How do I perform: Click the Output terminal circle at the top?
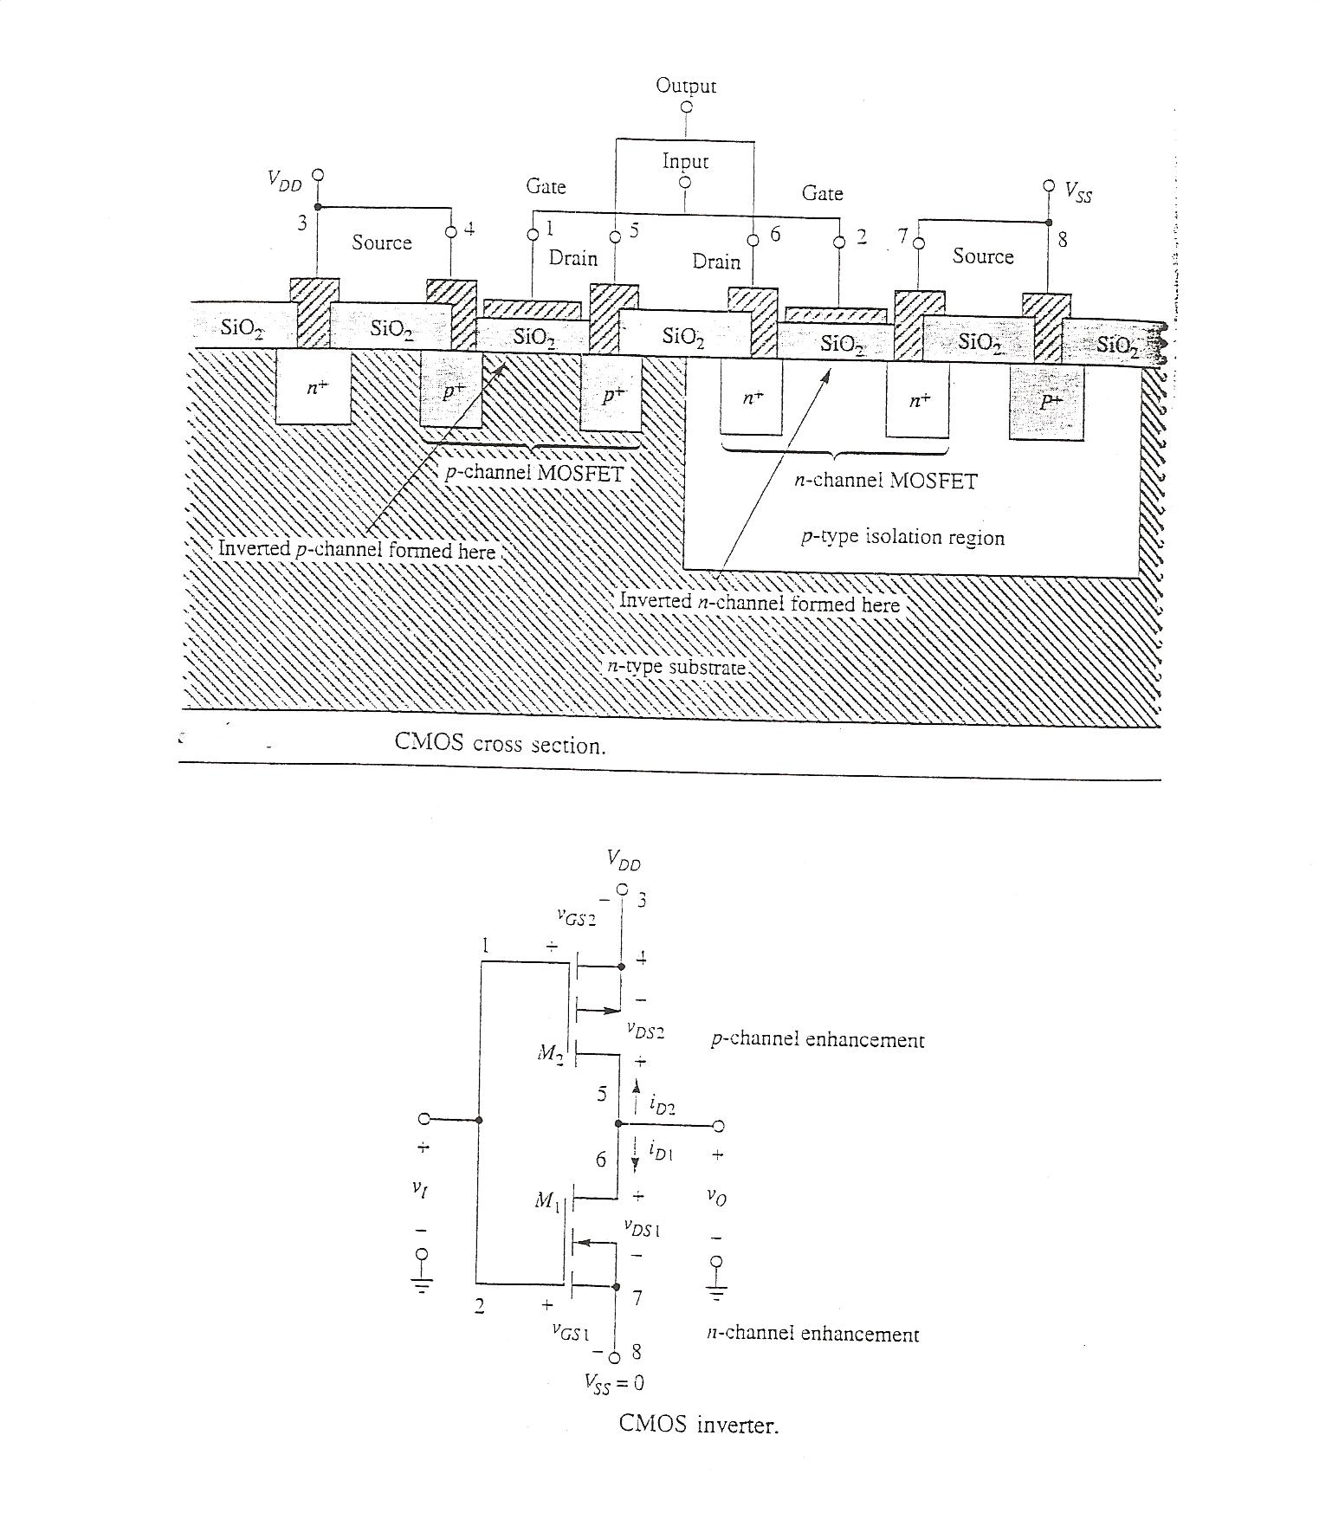pos(687,107)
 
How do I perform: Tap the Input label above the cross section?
pos(685,161)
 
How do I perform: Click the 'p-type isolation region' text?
pos(902,538)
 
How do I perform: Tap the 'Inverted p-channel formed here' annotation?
pos(356,551)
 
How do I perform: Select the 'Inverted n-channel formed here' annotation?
pos(760,604)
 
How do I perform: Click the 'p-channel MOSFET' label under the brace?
pos(534,475)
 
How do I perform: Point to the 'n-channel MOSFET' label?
pos(886,482)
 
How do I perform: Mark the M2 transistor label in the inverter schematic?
pos(549,1054)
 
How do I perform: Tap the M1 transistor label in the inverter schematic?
pos(548,1200)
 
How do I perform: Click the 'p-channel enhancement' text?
pos(818,1039)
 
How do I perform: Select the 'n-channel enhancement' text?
pos(813,1334)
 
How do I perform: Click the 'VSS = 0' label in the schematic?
pos(613,1383)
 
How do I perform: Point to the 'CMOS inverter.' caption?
pos(699,1425)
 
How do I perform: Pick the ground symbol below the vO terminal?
pos(716,1294)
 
